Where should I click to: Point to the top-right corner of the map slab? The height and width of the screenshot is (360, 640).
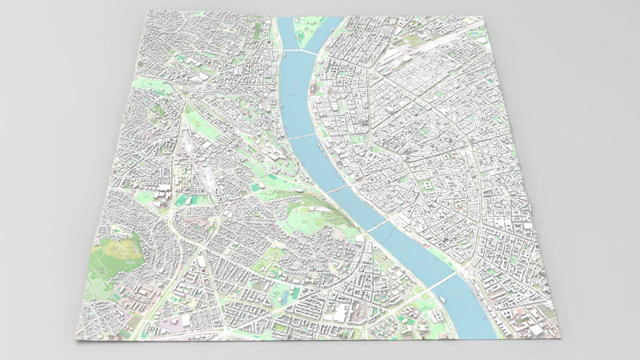(485, 15)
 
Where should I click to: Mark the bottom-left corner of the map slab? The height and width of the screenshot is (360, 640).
(78, 341)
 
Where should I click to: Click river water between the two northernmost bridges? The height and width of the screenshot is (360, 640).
(292, 96)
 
